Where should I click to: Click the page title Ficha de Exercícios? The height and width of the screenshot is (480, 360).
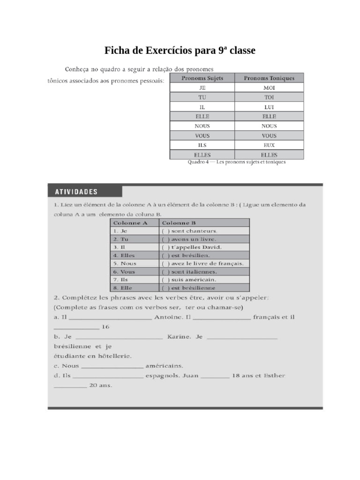[x=180, y=51]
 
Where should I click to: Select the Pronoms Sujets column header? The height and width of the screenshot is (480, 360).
[x=202, y=78]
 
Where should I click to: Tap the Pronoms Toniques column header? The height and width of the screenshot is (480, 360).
[x=269, y=78]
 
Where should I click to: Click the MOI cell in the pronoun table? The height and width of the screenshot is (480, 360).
[x=269, y=88]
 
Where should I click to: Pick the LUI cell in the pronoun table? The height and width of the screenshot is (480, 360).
[x=269, y=107]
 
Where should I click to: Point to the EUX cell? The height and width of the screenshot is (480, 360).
[x=269, y=145]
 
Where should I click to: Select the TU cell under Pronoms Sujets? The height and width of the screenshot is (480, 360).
[x=202, y=97]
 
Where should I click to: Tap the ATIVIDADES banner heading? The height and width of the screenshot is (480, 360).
[x=76, y=191]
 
